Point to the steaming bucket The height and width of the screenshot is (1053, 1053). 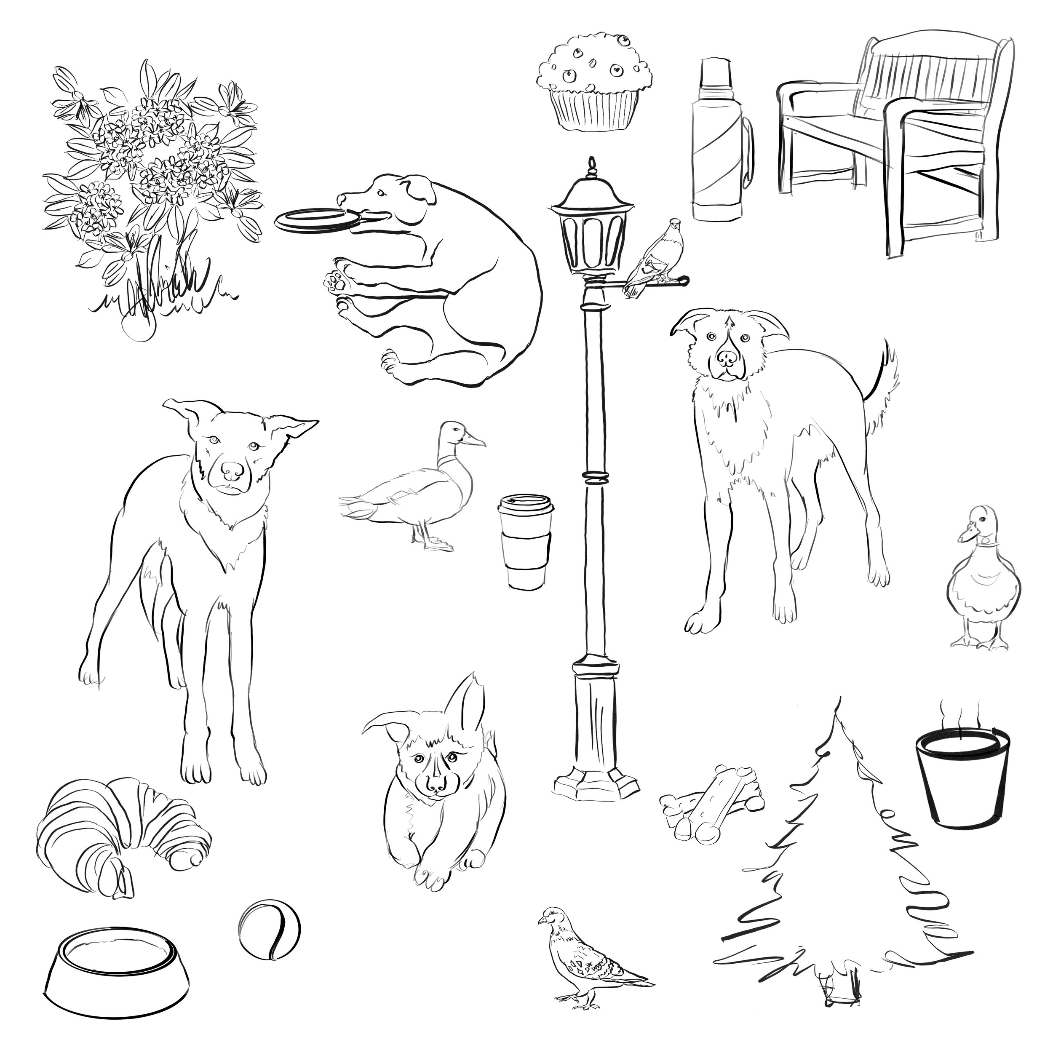click(x=962, y=782)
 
